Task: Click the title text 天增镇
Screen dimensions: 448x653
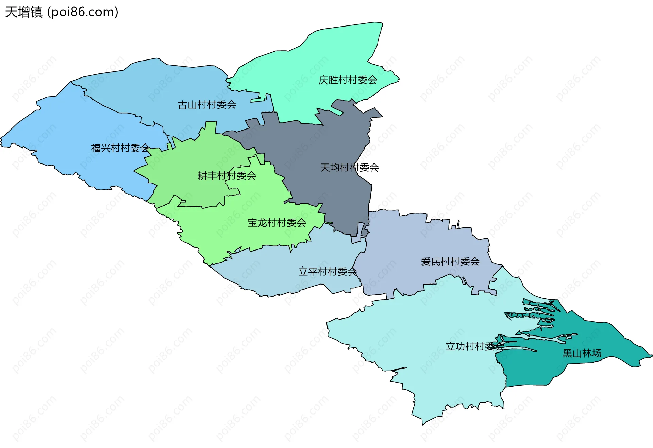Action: click(24, 12)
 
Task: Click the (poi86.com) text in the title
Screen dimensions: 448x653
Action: click(83, 12)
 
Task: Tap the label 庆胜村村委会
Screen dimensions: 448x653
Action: click(348, 80)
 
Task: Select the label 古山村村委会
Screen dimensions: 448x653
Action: click(207, 105)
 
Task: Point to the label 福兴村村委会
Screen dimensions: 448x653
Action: click(120, 148)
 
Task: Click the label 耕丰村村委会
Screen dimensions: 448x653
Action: click(227, 176)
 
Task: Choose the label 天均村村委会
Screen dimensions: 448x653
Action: click(349, 168)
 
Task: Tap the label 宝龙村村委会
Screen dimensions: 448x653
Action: click(277, 223)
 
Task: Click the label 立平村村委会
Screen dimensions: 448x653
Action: click(328, 272)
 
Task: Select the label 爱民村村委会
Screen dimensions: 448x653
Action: click(450, 262)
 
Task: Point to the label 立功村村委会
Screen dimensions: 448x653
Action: click(474, 347)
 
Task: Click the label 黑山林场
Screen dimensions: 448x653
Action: click(582, 354)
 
